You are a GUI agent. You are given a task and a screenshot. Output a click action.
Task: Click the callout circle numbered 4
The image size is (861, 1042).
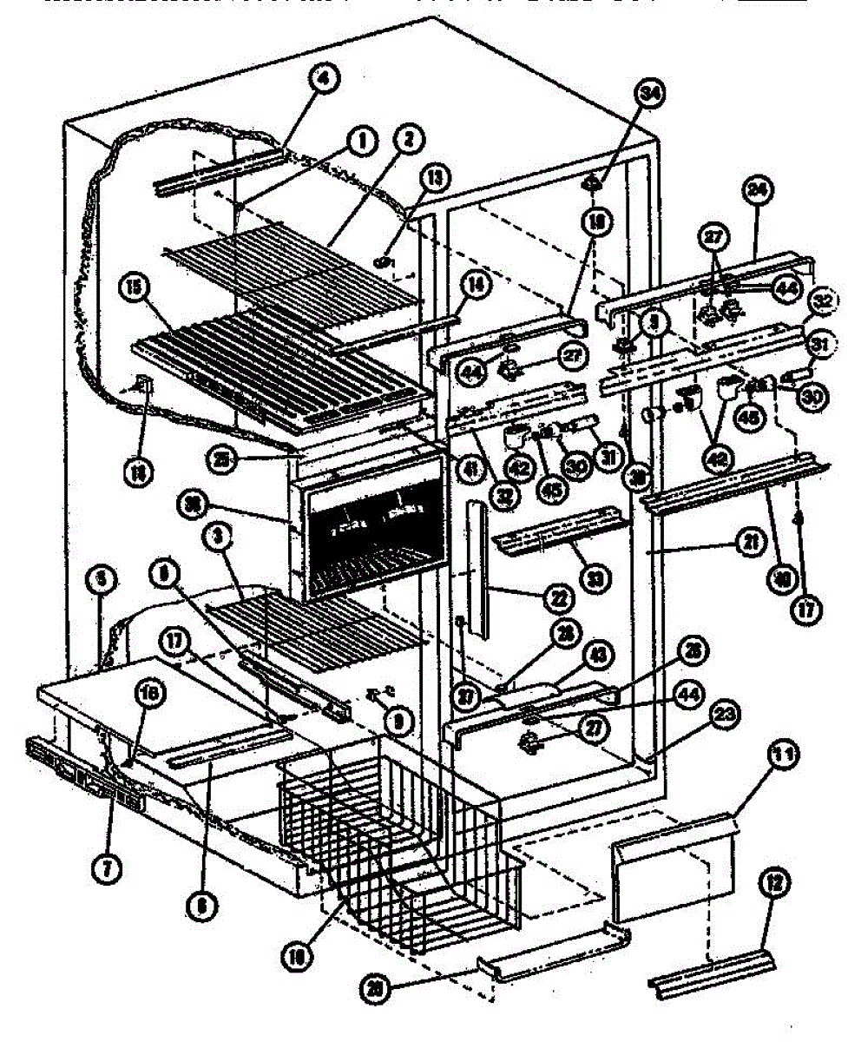pyautogui.click(x=322, y=80)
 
